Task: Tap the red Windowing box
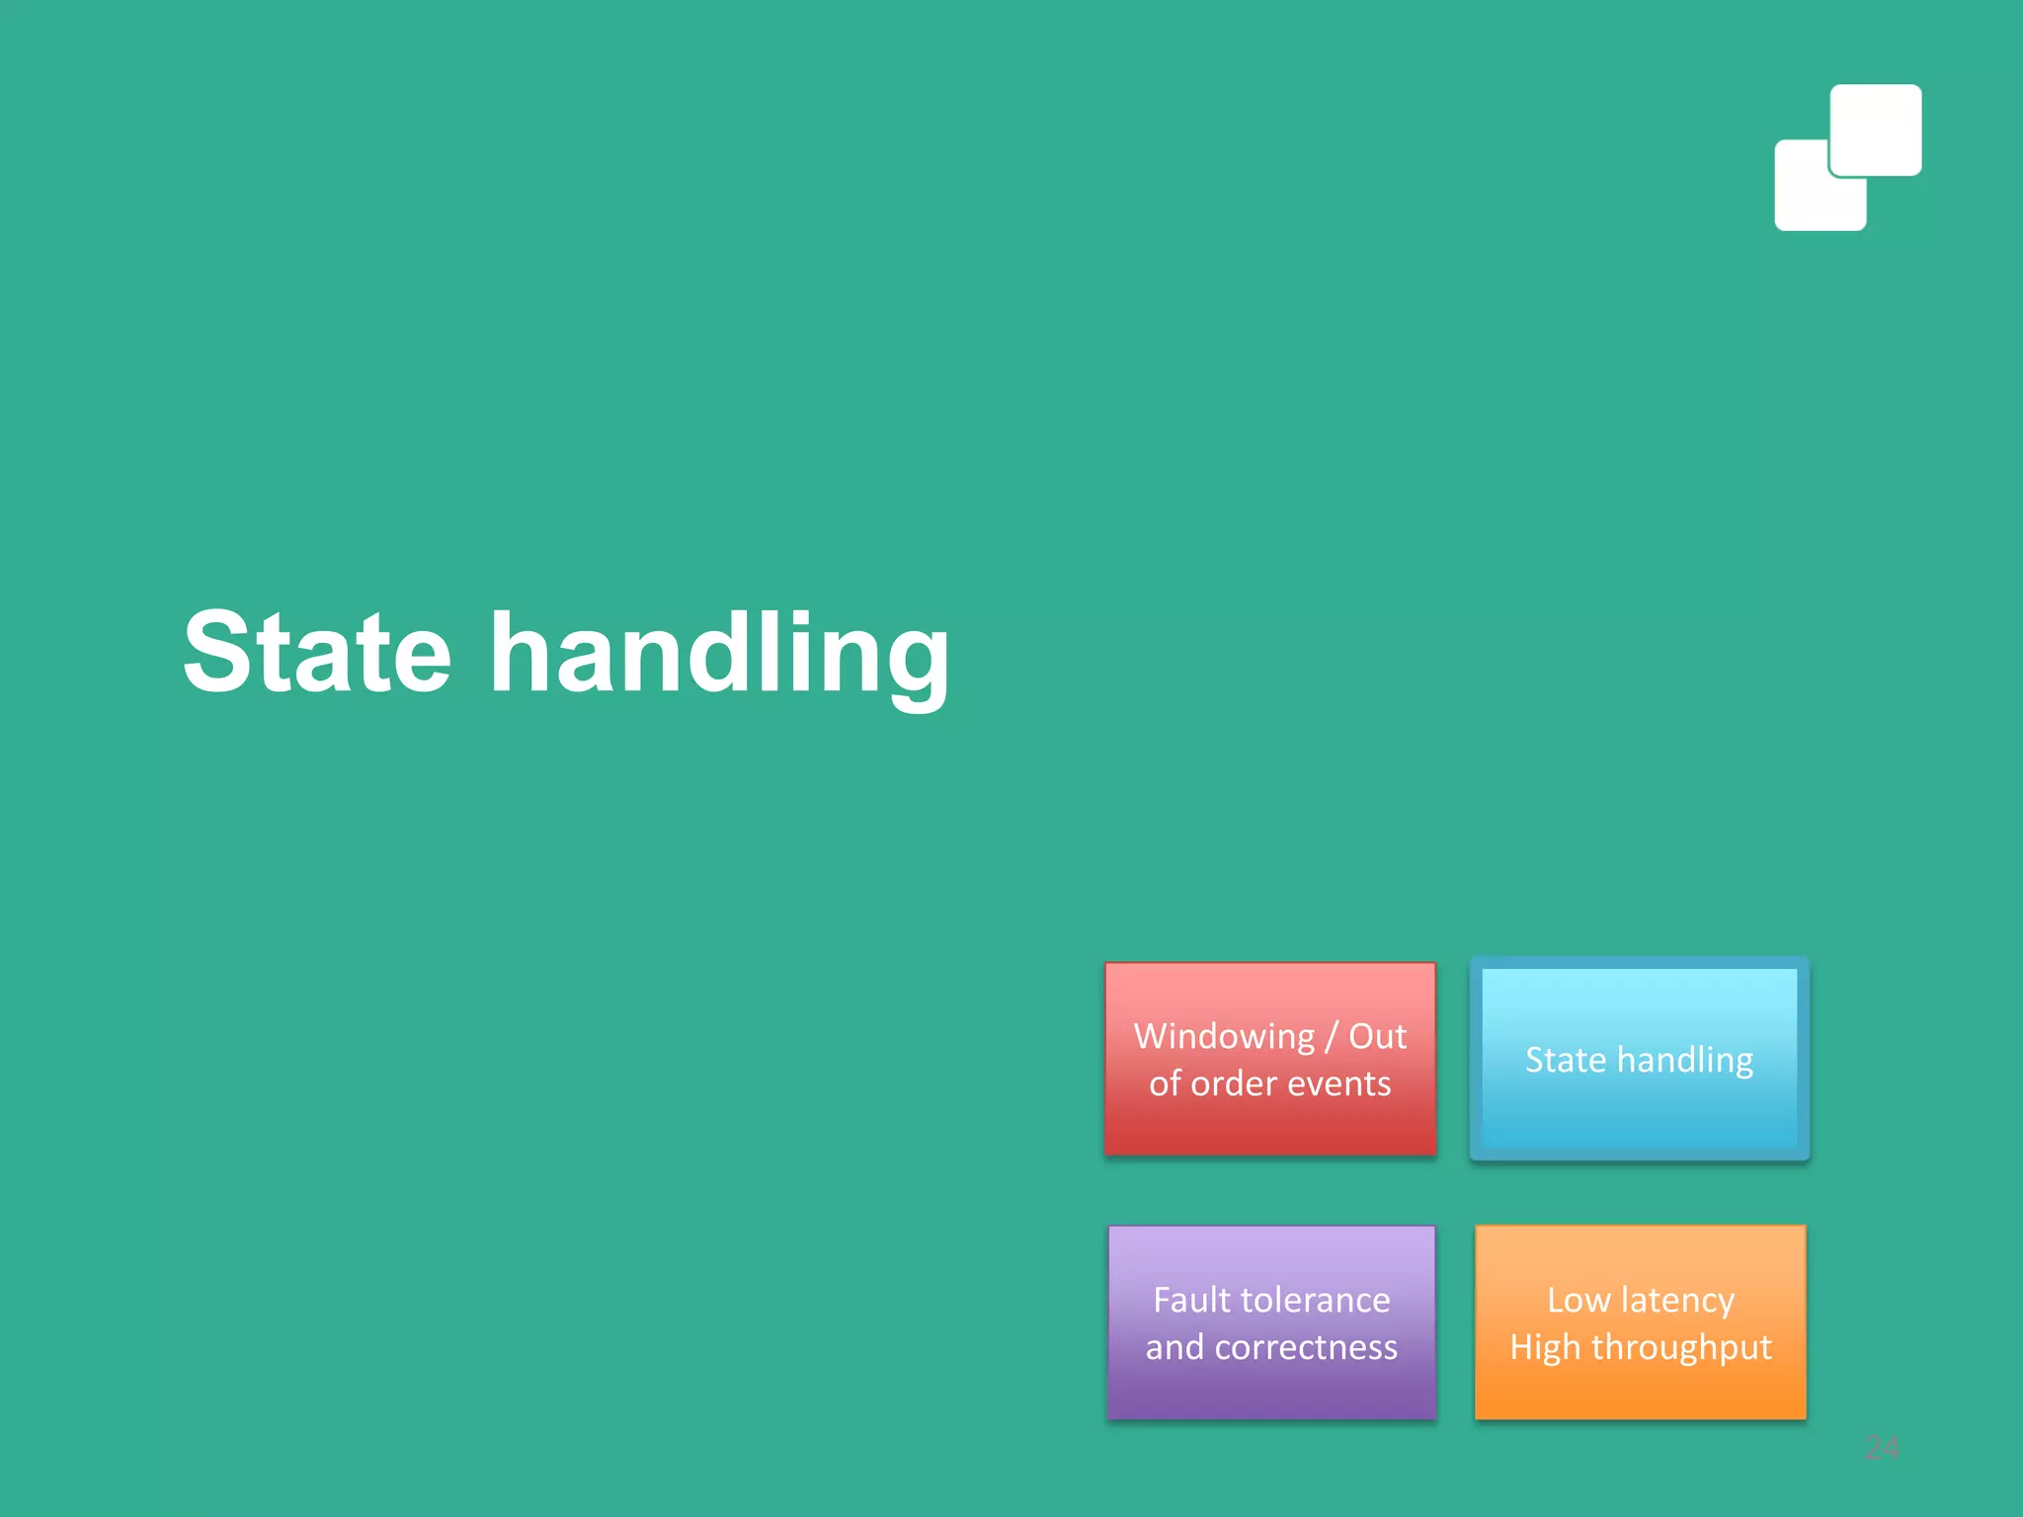[1269, 1058]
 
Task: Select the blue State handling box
[1639, 1059]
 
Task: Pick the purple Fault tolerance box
[1271, 1322]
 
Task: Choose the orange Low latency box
[1640, 1322]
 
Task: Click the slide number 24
[1881, 1448]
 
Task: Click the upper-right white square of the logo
[1875, 129]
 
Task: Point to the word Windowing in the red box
[1224, 1037]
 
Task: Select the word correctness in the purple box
[1306, 1347]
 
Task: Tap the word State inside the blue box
[1566, 1060]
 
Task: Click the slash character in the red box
[1332, 1037]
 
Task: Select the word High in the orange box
[1545, 1348]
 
